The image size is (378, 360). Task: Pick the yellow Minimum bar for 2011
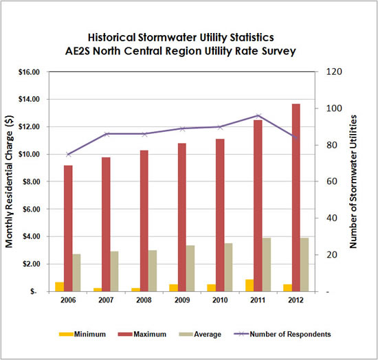tap(249, 285)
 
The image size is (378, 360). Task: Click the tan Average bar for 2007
tap(115, 271)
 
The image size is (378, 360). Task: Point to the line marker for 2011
tap(258, 116)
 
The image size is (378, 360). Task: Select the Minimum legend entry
tap(80, 335)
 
